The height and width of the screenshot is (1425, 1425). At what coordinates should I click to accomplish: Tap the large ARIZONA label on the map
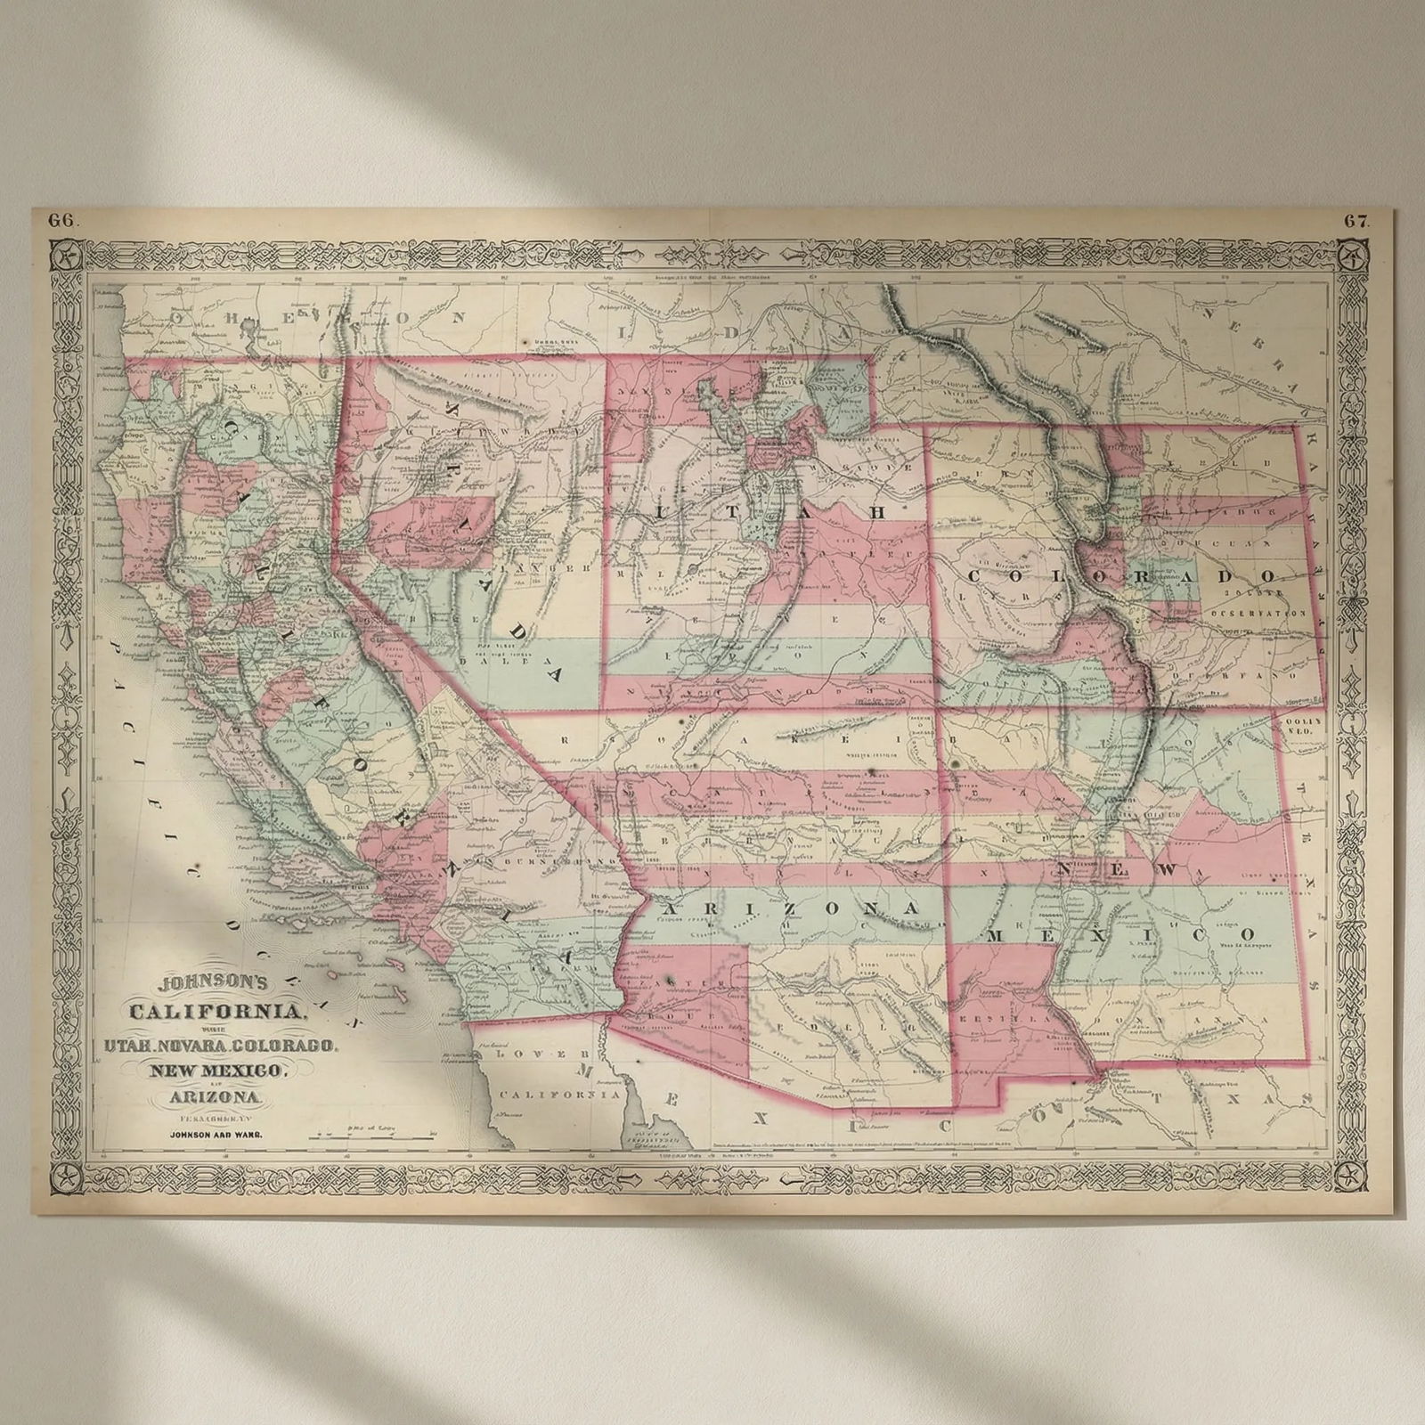click(x=790, y=908)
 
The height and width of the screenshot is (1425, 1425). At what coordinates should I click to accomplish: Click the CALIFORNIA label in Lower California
click(x=558, y=1094)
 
